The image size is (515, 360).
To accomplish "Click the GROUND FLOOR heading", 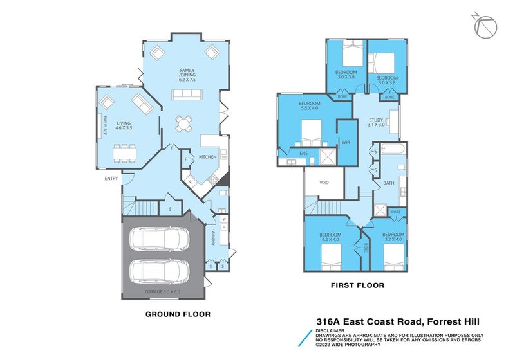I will point(178,314).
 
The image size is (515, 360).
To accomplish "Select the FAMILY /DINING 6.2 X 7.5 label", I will point(187,75).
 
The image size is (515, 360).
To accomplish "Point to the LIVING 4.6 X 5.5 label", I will point(124,125).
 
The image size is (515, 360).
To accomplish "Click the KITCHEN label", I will point(207,157).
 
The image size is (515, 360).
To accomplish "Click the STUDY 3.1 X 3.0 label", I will point(377,122).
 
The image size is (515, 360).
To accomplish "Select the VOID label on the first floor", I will point(324,183).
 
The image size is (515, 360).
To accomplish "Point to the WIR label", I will point(346,142).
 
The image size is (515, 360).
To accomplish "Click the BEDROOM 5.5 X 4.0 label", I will point(310,106).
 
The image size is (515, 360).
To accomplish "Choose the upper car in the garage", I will point(158,239).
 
